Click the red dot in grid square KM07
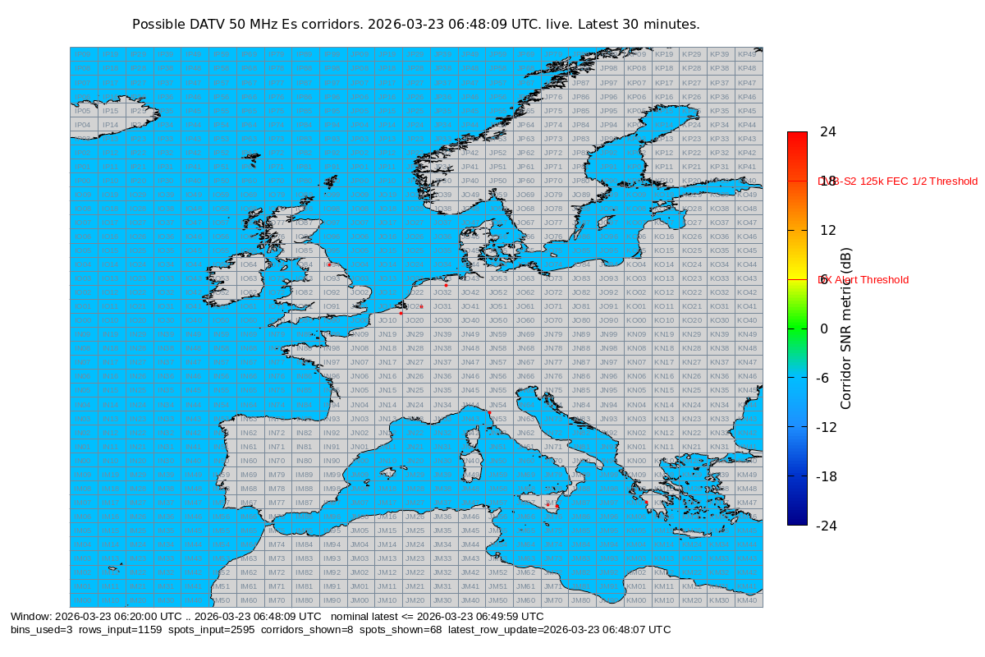(646, 503)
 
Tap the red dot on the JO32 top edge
(446, 285)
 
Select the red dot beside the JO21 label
(421, 306)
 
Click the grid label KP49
(747, 54)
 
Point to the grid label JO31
(442, 306)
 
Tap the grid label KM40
(747, 600)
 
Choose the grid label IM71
(277, 586)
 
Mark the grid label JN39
(442, 334)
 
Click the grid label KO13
(664, 278)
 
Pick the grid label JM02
(359, 572)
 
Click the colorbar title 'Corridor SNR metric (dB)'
(846, 328)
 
